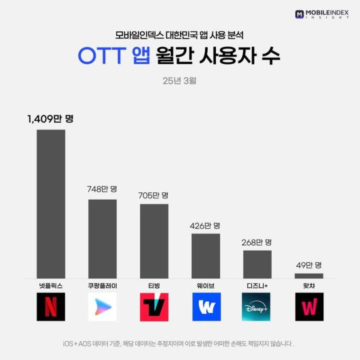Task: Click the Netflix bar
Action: coord(51,204)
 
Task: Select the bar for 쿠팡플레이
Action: coord(103,238)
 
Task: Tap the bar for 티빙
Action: coord(154,241)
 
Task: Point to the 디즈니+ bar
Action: coord(257,264)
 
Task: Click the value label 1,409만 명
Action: coord(50,118)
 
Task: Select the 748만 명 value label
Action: coord(103,189)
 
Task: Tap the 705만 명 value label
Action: coord(154,195)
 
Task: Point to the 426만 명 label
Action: coord(206,225)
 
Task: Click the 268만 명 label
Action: coord(257,242)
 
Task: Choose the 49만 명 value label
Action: coord(309,265)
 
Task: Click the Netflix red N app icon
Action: coord(51,307)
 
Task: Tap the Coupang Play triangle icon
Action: coord(103,307)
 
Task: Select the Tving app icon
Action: coord(154,307)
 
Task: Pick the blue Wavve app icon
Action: coord(206,307)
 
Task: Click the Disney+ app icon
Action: coord(257,307)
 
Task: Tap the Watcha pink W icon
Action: coord(309,307)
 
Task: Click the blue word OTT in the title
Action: coord(102,57)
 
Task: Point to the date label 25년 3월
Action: coord(180,81)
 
